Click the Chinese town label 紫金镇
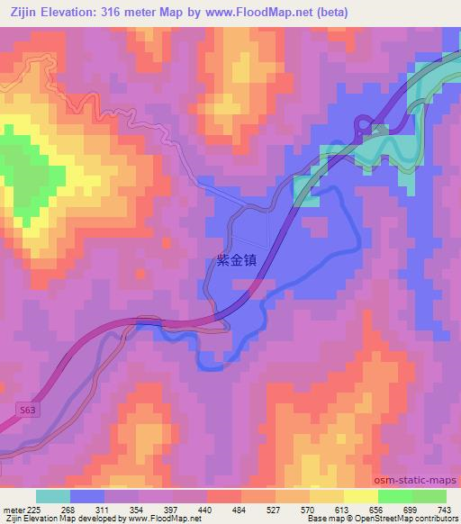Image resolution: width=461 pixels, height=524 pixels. pos(237,259)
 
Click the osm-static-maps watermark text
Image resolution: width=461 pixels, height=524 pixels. pos(421,478)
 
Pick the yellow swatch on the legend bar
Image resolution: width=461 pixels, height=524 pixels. pos(360,496)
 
